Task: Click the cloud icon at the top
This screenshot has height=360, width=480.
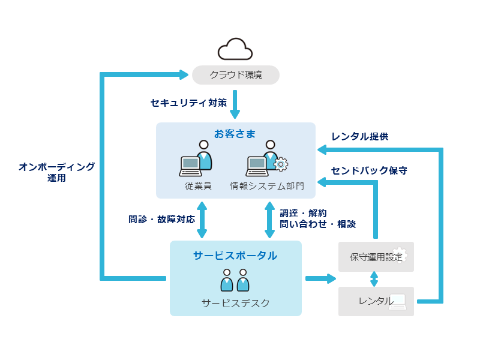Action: point(235,49)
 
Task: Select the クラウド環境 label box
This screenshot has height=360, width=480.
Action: point(236,75)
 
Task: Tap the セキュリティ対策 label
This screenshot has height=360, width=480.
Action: point(188,103)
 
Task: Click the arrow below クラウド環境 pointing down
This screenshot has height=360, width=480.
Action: point(235,105)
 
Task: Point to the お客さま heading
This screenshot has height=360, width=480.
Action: point(236,132)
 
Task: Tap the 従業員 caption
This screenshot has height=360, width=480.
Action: point(198,186)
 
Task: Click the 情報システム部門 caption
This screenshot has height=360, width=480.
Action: point(267,186)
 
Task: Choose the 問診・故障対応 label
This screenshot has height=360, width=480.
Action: point(161,219)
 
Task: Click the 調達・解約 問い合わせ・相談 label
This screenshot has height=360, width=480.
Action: point(317,218)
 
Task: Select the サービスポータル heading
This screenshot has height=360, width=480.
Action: point(235,256)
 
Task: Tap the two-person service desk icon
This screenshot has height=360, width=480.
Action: point(235,280)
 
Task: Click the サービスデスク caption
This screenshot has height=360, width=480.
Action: point(235,303)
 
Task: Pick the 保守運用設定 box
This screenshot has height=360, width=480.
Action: point(376,257)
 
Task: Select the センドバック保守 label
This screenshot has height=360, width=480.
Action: point(369,170)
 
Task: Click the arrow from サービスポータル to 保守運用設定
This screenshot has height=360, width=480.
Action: point(320,278)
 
